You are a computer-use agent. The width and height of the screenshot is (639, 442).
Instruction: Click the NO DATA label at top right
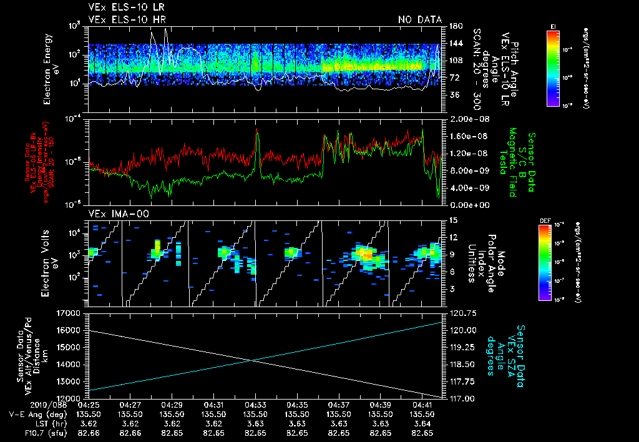[x=419, y=20]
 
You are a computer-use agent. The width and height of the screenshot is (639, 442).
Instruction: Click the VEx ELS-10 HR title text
[x=123, y=20]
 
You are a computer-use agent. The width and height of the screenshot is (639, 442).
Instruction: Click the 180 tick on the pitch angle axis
[x=454, y=26]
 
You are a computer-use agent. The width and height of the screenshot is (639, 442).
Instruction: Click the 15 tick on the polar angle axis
[x=452, y=220]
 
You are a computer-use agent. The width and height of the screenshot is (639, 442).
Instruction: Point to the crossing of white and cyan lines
[x=251, y=360]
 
